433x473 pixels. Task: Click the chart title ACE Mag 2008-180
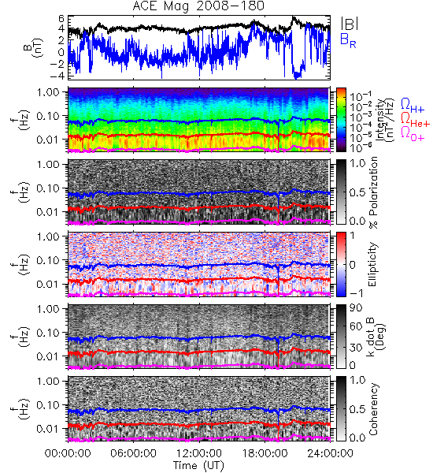tap(198, 6)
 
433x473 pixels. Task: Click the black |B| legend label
tap(350, 23)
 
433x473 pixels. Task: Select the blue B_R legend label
tap(348, 41)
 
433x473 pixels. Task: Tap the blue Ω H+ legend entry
tap(413, 106)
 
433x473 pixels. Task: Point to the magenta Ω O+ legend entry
tap(413, 134)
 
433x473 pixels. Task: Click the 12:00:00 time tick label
tap(199, 453)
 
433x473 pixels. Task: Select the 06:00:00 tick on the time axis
tap(133, 453)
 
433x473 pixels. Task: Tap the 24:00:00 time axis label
tap(330, 453)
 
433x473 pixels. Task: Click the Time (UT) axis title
tap(199, 466)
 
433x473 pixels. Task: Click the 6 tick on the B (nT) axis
tap(61, 19)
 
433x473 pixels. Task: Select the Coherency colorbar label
tap(373, 409)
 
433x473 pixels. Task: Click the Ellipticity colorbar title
tap(373, 264)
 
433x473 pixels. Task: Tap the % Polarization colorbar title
tap(373, 192)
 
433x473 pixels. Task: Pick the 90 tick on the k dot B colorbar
tap(356, 308)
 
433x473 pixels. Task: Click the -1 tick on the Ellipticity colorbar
tap(356, 293)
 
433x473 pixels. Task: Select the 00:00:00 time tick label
tap(68, 453)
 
